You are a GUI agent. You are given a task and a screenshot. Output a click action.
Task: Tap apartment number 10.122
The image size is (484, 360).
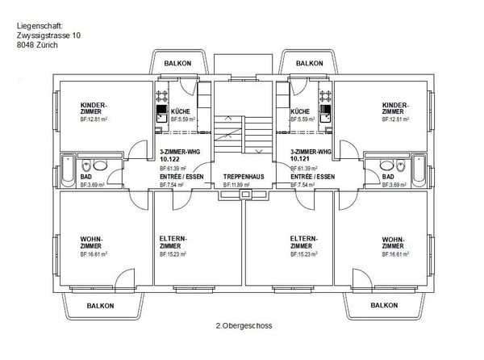tap(172, 159)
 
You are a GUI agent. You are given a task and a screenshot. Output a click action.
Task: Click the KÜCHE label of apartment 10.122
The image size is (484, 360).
tap(181, 111)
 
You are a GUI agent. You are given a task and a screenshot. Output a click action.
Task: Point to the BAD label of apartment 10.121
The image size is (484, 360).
tap(388, 176)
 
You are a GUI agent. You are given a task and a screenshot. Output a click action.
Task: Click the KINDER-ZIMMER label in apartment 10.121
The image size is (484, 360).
tap(395, 108)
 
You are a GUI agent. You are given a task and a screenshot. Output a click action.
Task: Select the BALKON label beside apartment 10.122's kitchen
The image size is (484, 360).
tap(177, 63)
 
